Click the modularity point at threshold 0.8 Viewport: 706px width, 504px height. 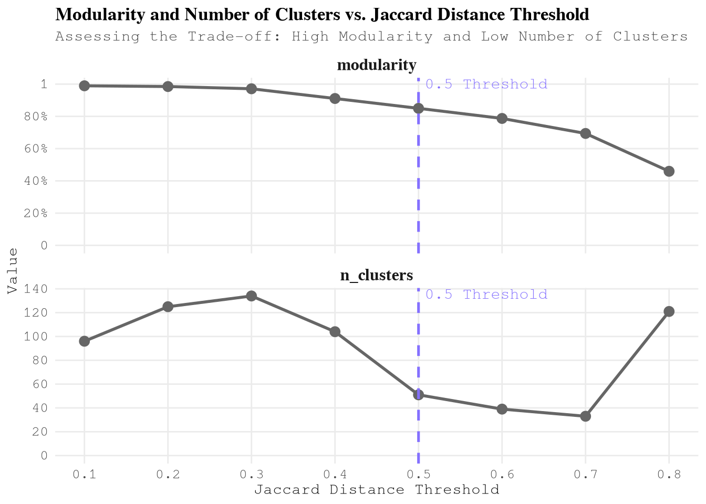(669, 171)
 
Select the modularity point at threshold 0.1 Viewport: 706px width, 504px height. (85, 86)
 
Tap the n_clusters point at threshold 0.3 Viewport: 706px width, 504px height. (252, 296)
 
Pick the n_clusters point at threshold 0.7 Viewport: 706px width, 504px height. (586, 416)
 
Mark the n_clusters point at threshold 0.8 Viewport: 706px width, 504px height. (669, 311)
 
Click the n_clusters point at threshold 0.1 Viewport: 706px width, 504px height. (85, 341)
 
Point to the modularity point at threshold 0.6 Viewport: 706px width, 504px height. (502, 119)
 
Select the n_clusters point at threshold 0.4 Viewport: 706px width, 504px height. (335, 332)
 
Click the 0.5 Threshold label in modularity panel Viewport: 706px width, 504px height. (486, 85)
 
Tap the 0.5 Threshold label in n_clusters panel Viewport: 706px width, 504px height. (486, 295)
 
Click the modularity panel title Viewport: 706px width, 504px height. (377, 65)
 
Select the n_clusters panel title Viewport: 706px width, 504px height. (377, 275)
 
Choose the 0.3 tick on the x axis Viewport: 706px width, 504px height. (252, 475)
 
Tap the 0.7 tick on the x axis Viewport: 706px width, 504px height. (586, 475)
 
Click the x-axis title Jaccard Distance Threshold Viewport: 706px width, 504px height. (377, 490)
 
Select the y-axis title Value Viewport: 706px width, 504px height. (14, 271)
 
